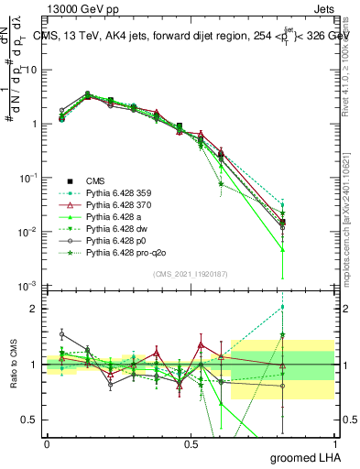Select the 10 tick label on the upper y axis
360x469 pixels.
tap(30, 70)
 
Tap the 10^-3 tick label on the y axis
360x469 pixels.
tap(27, 286)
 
